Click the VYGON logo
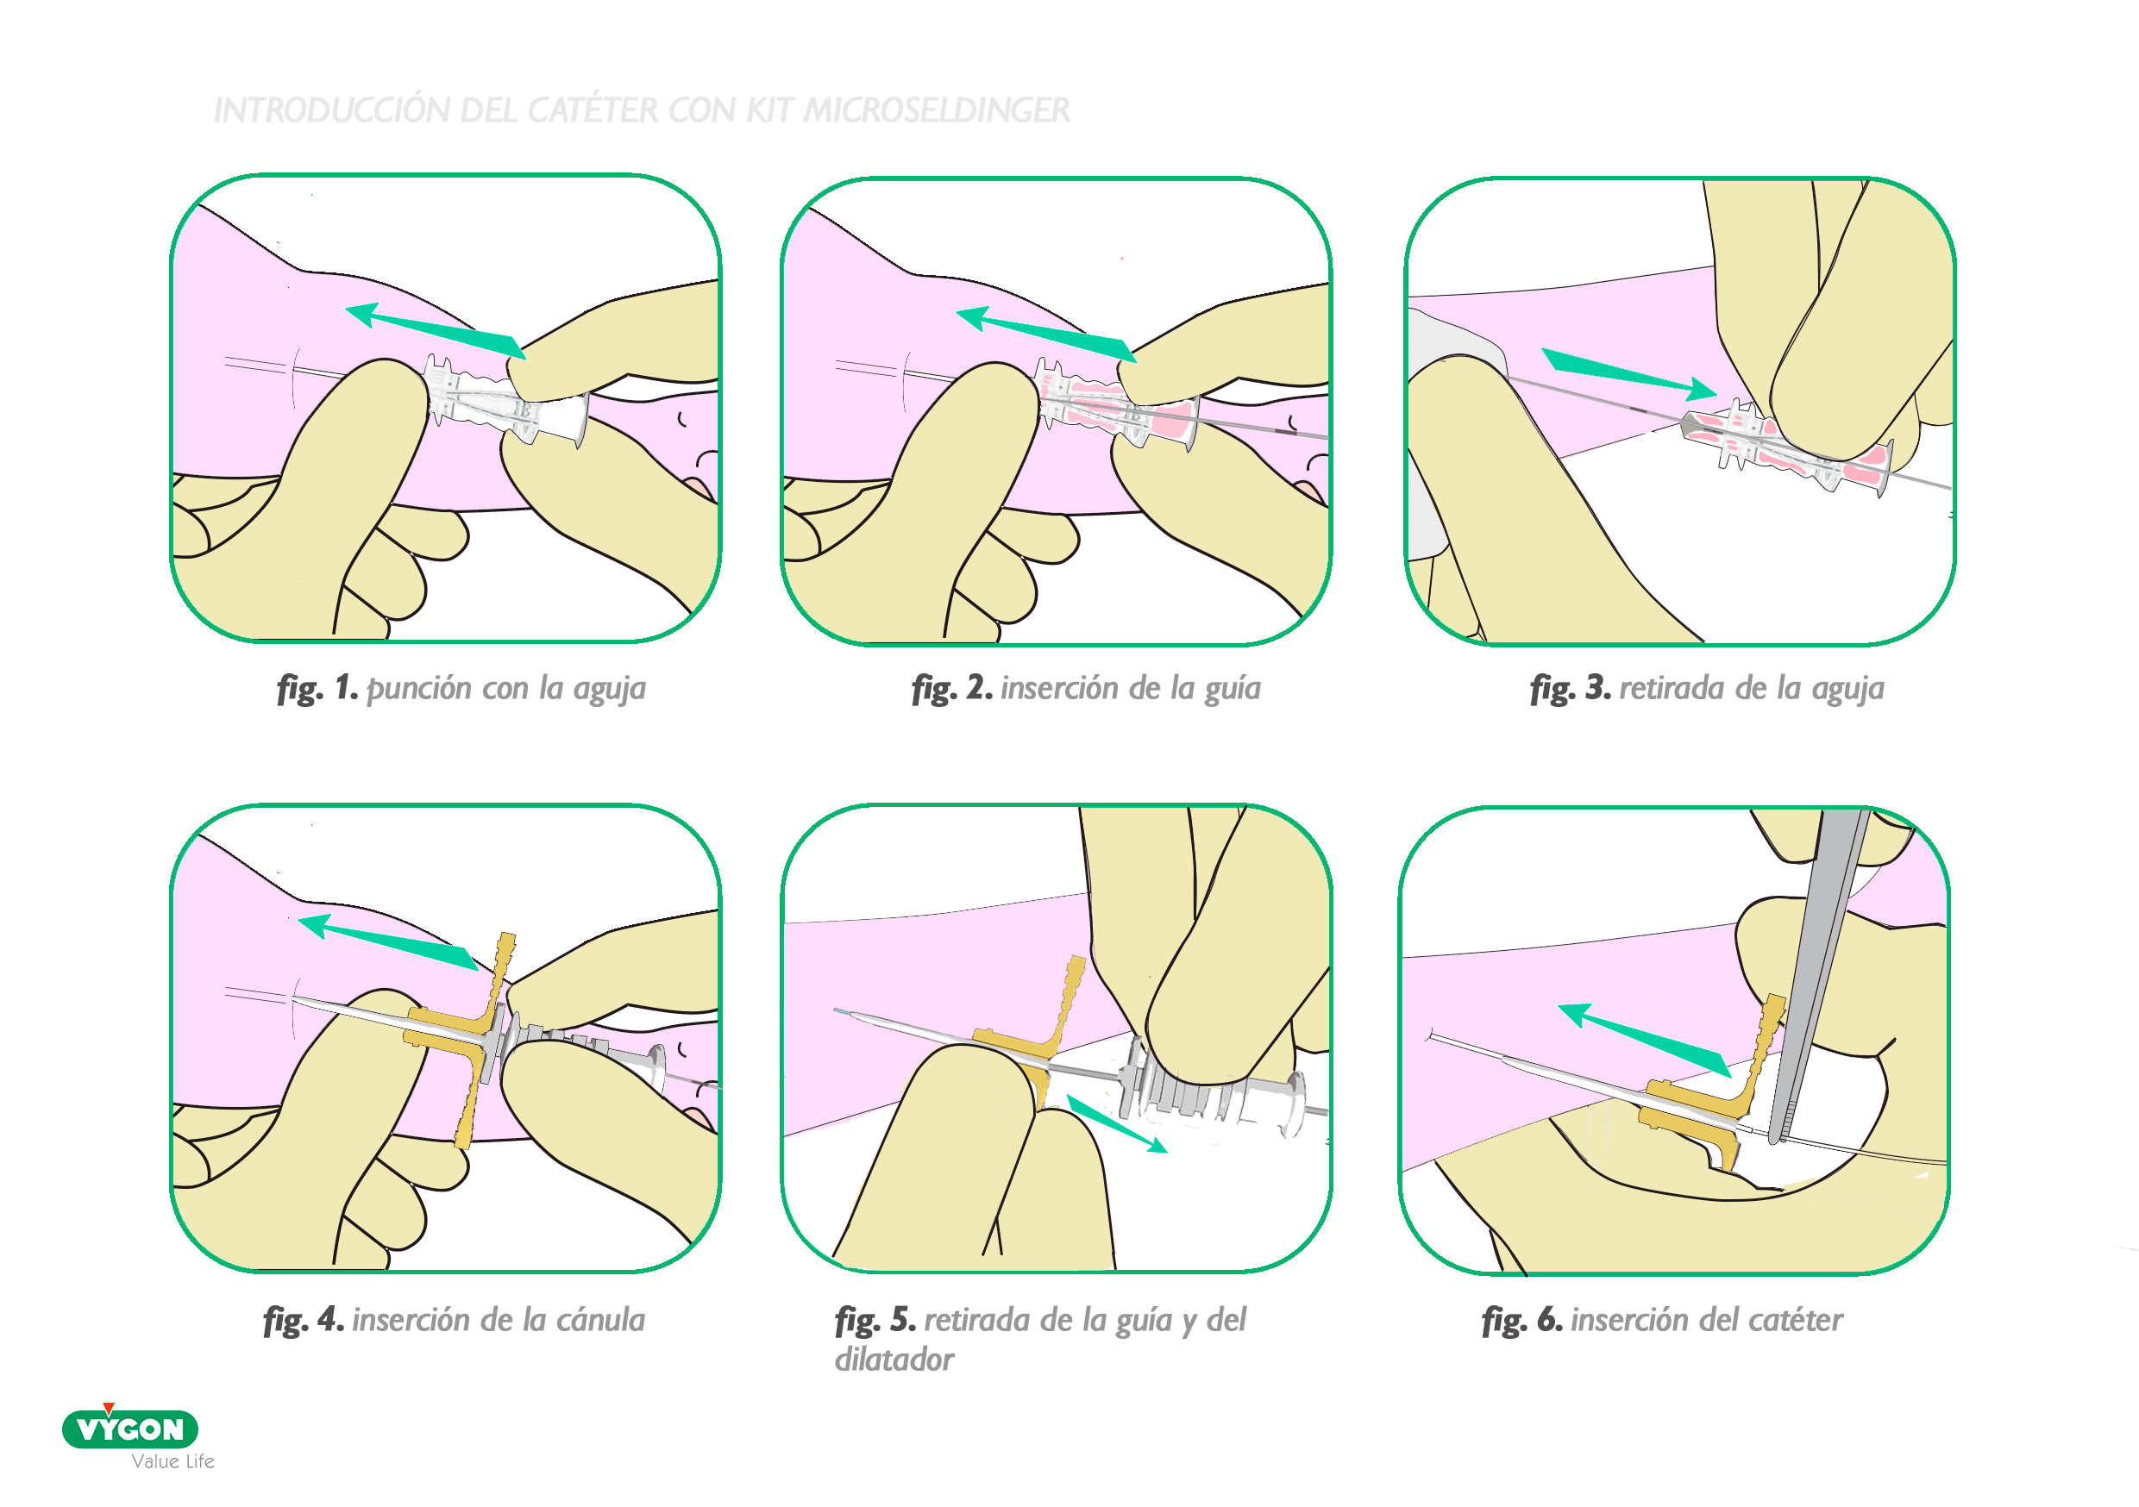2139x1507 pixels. [129, 1428]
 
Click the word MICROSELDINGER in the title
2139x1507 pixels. [937, 109]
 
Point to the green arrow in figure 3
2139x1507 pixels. [1628, 374]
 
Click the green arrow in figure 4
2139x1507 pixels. [389, 941]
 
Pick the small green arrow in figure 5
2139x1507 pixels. [1117, 1124]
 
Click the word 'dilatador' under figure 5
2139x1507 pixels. [894, 1360]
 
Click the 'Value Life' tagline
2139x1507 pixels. [173, 1461]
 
